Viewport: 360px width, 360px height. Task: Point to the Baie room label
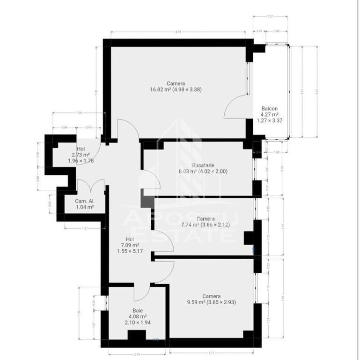point(137,310)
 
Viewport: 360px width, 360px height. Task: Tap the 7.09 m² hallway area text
point(128,245)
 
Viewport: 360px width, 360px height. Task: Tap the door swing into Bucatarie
point(151,180)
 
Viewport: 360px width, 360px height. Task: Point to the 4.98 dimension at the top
point(178,32)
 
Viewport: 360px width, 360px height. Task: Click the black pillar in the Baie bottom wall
point(137,336)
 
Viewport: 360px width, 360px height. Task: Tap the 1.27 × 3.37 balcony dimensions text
point(270,120)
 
